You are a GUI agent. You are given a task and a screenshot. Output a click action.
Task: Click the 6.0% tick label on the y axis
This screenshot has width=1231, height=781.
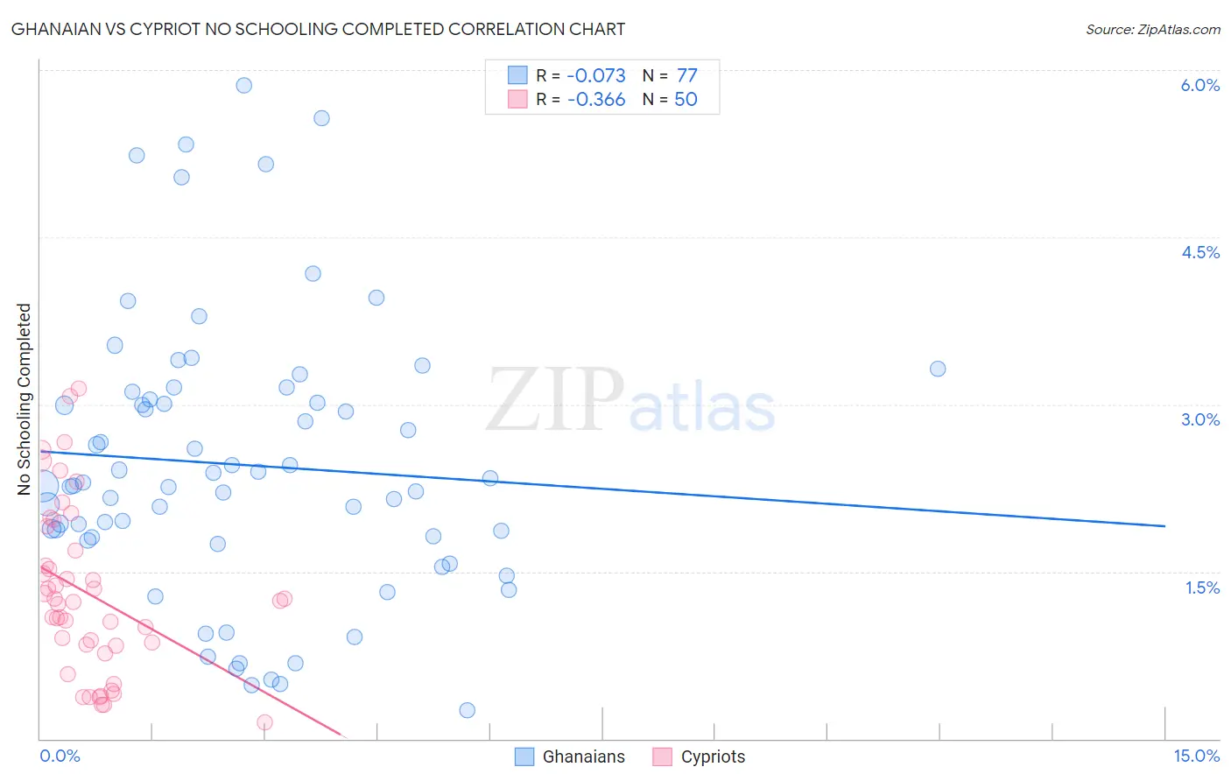(x=1199, y=85)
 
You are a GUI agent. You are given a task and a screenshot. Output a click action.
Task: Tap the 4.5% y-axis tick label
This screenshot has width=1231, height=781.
(x=1199, y=252)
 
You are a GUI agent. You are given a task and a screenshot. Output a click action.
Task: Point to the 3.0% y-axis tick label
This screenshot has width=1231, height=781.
(x=1199, y=419)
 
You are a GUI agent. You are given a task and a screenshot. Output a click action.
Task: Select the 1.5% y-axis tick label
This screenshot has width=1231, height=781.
(x=1202, y=588)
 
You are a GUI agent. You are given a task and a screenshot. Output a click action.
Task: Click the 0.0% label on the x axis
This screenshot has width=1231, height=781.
(x=60, y=756)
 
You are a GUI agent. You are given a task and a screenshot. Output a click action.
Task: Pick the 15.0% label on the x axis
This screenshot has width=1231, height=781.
(x=1196, y=756)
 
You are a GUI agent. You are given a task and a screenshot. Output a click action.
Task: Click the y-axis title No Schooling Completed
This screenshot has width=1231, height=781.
(x=25, y=399)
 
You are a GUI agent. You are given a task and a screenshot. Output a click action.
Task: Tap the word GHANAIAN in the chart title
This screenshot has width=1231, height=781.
(x=53, y=29)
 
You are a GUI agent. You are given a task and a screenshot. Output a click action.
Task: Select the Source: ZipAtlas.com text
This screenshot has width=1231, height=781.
(x=1152, y=29)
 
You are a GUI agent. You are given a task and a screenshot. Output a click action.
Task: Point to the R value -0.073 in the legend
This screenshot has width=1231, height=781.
(x=596, y=76)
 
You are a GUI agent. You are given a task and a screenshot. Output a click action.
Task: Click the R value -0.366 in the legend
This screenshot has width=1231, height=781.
(x=596, y=100)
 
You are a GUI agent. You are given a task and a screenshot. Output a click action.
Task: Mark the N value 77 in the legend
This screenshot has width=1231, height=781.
(x=686, y=76)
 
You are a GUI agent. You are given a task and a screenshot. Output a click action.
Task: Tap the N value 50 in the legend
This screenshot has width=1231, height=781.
(x=686, y=100)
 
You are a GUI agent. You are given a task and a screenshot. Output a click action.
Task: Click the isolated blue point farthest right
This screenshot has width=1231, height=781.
(x=938, y=369)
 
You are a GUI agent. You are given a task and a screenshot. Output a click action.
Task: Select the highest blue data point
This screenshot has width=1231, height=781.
(x=244, y=85)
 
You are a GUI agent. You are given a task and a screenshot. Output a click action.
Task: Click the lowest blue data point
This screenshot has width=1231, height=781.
(x=467, y=710)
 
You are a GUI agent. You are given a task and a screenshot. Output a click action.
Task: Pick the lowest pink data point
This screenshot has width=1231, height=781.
(x=264, y=722)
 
